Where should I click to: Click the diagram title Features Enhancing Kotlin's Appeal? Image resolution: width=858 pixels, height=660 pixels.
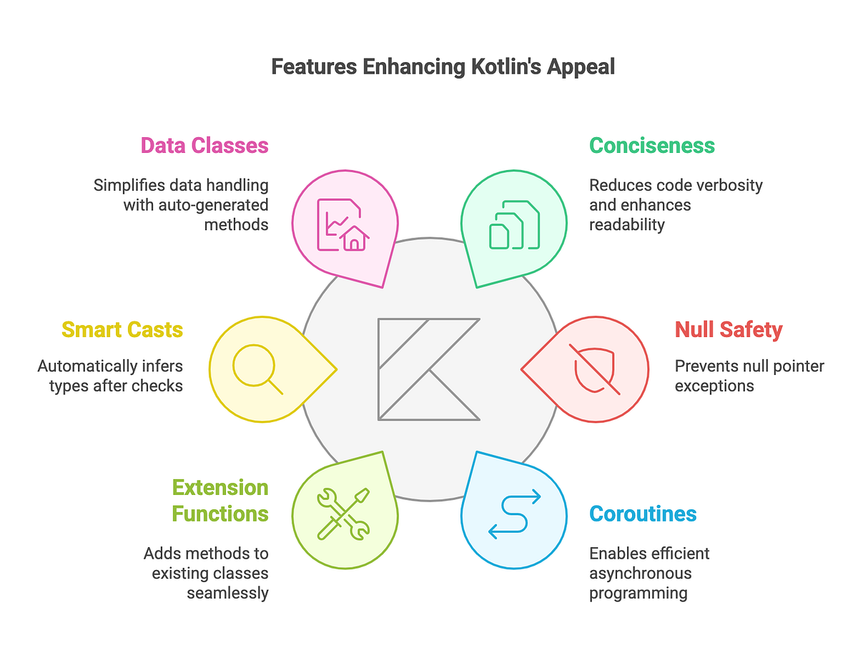(x=443, y=67)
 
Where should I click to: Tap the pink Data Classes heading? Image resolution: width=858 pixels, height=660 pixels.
(x=204, y=146)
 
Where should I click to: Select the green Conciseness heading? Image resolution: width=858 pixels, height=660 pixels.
(x=652, y=146)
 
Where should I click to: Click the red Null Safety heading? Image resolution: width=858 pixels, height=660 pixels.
(x=729, y=330)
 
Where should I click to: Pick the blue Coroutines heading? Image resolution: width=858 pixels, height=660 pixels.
(x=643, y=514)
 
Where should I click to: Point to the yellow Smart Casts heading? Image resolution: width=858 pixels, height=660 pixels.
(x=122, y=330)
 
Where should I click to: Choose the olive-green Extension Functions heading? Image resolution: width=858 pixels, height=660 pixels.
(x=220, y=501)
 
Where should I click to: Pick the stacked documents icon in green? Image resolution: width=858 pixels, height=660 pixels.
(x=514, y=224)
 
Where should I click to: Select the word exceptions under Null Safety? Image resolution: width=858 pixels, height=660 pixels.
(x=714, y=386)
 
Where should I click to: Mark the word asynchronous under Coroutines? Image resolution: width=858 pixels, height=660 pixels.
(x=641, y=573)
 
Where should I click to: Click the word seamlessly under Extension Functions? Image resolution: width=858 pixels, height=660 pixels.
(x=228, y=593)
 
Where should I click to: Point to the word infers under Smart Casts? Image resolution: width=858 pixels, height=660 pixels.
(x=160, y=366)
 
